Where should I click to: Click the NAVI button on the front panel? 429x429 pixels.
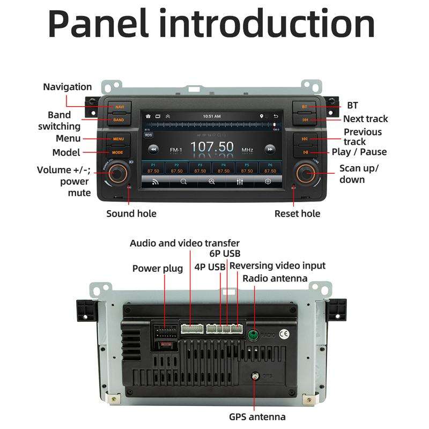[x=119, y=107]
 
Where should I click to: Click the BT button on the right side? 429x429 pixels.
[x=304, y=107]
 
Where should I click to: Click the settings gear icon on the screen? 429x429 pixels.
[x=268, y=182]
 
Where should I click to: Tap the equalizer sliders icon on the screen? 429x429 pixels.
[x=240, y=182]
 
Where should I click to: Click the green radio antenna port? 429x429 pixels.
[x=253, y=335]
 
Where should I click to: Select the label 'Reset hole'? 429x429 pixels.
[x=297, y=213]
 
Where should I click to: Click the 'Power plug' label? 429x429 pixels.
[x=158, y=268]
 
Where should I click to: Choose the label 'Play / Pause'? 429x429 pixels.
[x=359, y=152]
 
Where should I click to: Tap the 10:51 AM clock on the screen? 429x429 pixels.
[x=212, y=116]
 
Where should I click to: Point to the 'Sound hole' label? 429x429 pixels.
[x=131, y=213]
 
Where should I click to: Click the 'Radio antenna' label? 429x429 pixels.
[x=275, y=278]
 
